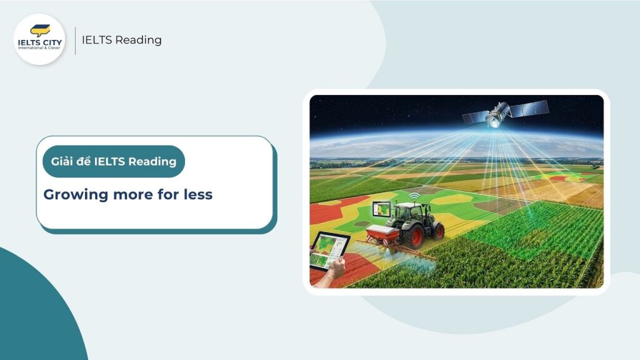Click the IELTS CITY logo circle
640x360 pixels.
click(x=39, y=39)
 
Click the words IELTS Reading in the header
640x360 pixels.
click(x=121, y=40)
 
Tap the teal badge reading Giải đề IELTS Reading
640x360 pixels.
click(x=114, y=161)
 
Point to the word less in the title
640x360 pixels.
click(x=198, y=194)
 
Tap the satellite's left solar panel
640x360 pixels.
click(x=475, y=117)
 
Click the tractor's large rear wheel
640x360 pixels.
click(x=413, y=236)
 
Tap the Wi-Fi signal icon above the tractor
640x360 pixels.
click(x=413, y=196)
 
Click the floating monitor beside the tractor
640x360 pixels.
click(x=381, y=209)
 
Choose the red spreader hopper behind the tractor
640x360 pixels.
click(x=382, y=235)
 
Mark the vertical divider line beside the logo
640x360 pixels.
click(x=76, y=40)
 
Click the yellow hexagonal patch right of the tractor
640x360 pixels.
click(x=452, y=199)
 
